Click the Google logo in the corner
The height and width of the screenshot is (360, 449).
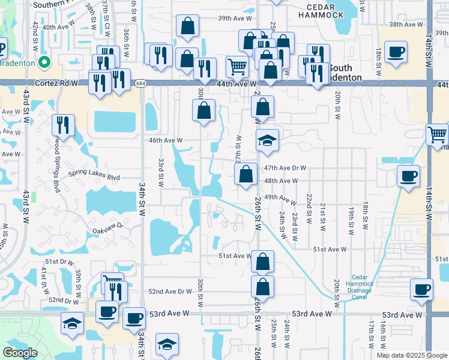point(20,353)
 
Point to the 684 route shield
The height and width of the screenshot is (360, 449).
point(140,83)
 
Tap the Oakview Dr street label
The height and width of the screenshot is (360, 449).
point(107,227)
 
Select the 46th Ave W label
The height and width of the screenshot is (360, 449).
point(165,140)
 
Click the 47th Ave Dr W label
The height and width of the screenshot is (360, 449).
point(285,169)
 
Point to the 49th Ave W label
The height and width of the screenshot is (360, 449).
point(280,198)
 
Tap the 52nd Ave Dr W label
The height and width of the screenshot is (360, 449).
point(170,292)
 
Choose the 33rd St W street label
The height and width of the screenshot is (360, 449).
point(161,172)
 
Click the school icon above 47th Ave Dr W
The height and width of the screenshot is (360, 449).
point(268,140)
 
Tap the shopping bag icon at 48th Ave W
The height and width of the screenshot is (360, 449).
point(246,175)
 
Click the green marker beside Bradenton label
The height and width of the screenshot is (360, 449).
point(44,62)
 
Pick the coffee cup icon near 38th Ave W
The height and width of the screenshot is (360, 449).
point(395,52)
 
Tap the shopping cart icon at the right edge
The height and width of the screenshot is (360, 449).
point(438,134)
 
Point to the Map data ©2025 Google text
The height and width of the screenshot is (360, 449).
point(412,355)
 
